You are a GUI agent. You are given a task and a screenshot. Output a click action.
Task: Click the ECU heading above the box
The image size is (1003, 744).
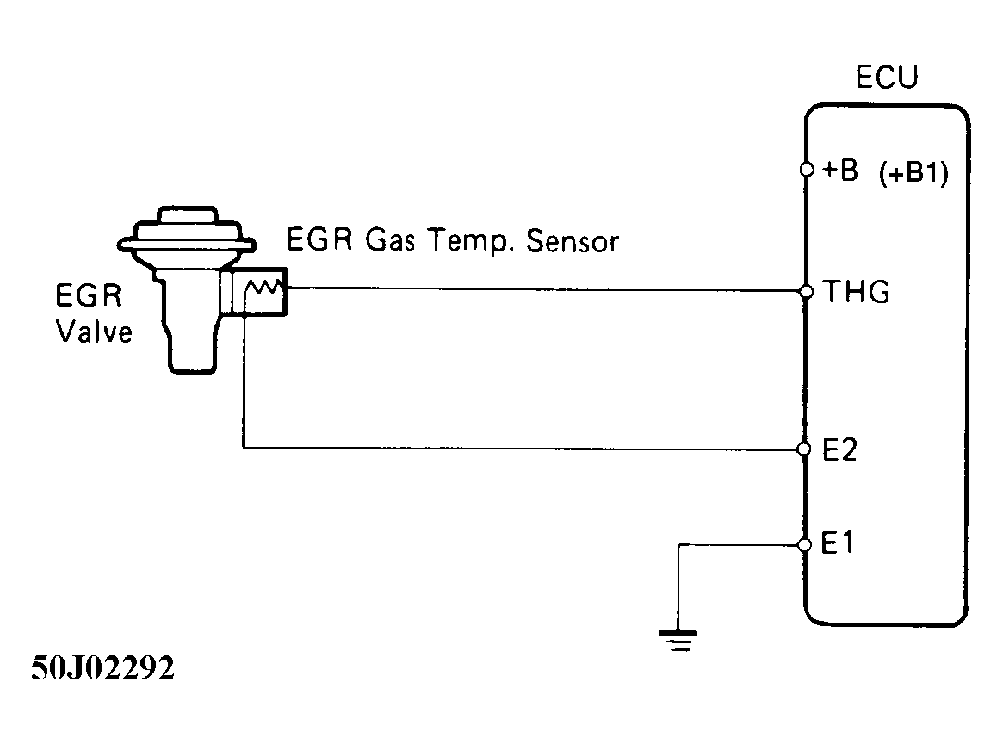pos(887,77)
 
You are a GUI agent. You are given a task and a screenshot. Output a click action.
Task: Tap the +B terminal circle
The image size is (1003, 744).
pos(806,170)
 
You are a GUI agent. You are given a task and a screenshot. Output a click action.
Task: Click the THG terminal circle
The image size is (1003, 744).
pos(806,292)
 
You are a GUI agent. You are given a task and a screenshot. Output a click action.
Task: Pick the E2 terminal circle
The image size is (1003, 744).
pos(805,449)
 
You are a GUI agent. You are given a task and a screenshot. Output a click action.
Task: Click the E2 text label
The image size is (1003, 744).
pos(839,449)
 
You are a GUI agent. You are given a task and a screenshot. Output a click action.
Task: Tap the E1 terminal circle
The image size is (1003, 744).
pos(805,544)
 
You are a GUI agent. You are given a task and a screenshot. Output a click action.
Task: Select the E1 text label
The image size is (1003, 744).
pos(838,544)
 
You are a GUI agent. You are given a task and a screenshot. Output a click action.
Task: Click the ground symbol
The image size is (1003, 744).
pos(678,642)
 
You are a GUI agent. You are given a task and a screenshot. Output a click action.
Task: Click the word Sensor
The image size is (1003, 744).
pos(573,242)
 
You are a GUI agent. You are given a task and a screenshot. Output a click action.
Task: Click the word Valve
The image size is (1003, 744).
pos(95,332)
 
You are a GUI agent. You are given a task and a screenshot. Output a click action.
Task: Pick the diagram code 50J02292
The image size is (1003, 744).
pos(103,669)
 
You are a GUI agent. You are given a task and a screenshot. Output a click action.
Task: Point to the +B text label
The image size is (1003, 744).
pos(840,170)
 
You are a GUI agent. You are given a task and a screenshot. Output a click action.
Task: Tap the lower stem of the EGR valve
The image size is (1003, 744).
pos(190,353)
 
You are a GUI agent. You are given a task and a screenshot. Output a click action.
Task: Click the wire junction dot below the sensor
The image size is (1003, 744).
pos(245,315)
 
